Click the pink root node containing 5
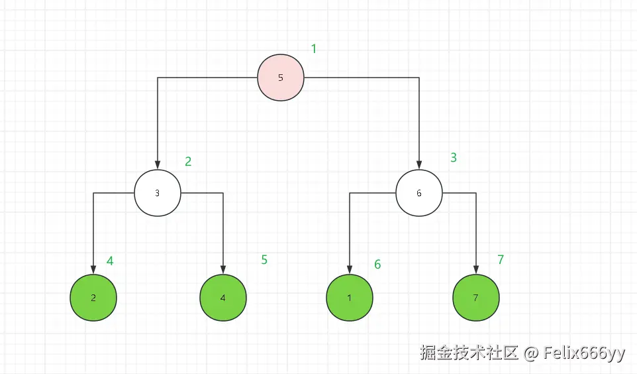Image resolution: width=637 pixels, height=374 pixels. (281, 78)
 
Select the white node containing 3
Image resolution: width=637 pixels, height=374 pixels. (158, 193)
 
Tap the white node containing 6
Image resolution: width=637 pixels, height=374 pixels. (419, 193)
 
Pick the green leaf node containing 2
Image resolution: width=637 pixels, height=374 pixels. (93, 298)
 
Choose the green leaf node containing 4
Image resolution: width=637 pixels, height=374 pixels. (223, 298)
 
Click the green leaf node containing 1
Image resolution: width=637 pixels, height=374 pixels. (350, 298)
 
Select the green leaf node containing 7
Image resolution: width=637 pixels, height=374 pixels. (476, 298)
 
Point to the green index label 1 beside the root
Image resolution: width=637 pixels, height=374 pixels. (314, 48)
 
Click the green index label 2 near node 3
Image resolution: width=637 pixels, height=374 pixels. (188, 161)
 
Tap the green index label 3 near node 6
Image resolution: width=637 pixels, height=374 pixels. (454, 158)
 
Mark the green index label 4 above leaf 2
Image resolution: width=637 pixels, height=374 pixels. (110, 261)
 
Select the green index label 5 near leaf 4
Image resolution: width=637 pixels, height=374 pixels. (264, 260)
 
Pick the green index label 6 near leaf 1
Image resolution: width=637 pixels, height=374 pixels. (377, 265)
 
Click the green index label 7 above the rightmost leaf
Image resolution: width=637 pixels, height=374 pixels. (501, 260)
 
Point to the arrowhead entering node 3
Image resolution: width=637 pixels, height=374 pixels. (158, 164)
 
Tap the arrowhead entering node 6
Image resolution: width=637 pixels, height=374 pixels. (419, 164)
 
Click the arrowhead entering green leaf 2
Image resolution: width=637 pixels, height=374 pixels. (93, 269)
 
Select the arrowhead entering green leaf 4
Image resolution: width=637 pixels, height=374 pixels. (223, 269)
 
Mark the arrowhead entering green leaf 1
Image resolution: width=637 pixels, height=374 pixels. (350, 269)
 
